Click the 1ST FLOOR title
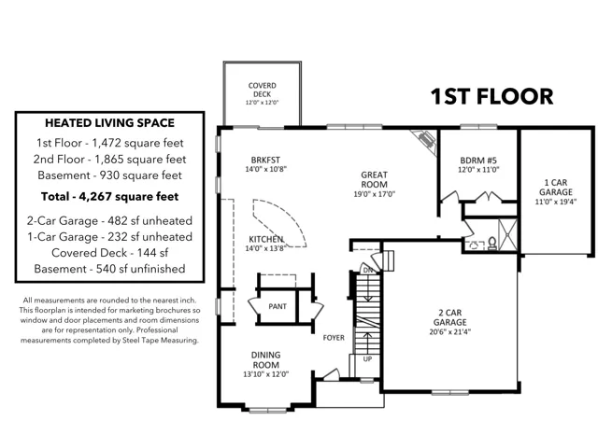491,96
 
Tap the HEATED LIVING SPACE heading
110,123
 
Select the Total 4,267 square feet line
110,197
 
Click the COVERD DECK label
262,90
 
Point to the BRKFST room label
265,160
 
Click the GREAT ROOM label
374,179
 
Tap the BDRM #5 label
478,161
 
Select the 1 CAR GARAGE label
556,187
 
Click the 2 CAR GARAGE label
450,317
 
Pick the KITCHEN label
265,239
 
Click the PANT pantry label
278,306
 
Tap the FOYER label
334,338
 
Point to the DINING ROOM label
265,359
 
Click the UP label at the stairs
367,358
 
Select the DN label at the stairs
367,270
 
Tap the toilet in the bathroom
492,244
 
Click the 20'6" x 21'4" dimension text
450,332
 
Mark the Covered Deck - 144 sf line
110,253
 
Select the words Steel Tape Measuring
160,340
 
